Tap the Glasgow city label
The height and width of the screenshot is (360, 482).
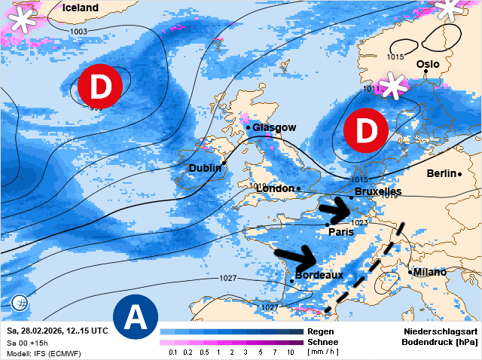(x=274, y=127)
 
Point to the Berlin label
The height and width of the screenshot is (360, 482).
(x=441, y=173)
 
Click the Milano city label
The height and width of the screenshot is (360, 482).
(x=430, y=272)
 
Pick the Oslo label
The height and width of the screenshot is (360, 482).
(x=427, y=64)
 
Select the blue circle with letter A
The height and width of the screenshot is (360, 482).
(x=136, y=317)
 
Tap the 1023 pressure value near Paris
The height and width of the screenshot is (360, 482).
(x=358, y=223)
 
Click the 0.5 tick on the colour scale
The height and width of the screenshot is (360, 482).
(x=204, y=352)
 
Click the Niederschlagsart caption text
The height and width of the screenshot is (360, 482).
(x=438, y=331)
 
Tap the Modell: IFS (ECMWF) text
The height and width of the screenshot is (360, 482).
(x=43, y=353)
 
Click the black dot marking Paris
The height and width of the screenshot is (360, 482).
(x=328, y=224)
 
